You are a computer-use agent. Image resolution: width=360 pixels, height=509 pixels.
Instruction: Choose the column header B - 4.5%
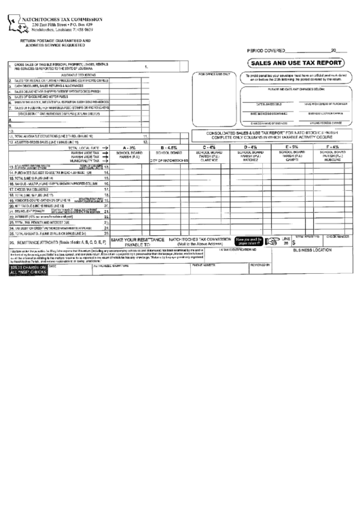coord(170,147)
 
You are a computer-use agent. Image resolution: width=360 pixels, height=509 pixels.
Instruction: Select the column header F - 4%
coord(333,147)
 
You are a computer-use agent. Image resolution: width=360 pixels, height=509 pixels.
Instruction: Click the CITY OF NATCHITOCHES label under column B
coord(170,159)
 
